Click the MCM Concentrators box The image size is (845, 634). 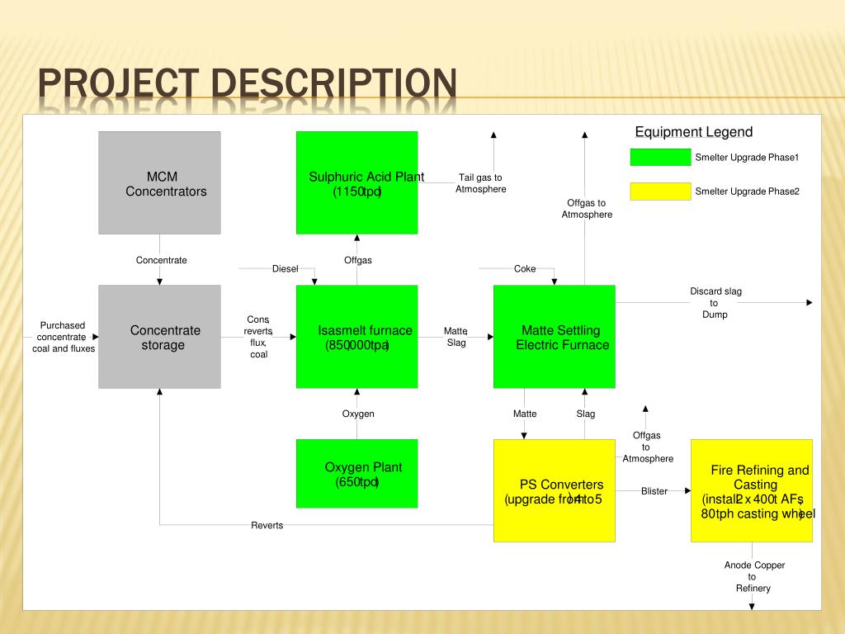point(159,182)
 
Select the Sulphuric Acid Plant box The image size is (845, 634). point(356,182)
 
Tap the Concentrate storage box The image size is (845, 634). point(159,337)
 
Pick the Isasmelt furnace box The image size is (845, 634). point(356,337)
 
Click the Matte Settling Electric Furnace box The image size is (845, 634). point(554,337)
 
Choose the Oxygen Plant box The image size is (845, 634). point(356,473)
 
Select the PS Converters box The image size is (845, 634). point(554,490)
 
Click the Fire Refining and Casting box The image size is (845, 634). point(751,490)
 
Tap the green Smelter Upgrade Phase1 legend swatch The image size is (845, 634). point(660,158)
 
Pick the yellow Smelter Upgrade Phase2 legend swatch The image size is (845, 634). point(660,192)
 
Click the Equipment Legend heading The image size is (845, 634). point(693,132)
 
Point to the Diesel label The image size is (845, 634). point(285,268)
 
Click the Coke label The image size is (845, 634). point(525,268)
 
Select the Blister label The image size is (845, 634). point(654,491)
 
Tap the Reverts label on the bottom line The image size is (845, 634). point(267,525)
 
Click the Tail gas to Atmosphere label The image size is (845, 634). point(480,183)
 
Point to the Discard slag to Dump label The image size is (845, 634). point(715,302)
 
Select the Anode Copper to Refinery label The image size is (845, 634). point(754,576)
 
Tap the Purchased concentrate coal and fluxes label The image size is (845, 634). point(63,337)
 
